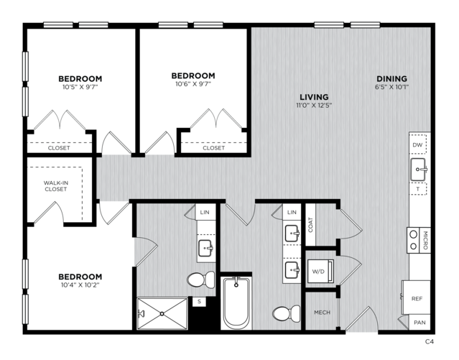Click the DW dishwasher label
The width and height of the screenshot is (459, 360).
tap(417, 144)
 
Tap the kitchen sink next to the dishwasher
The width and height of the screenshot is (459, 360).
tap(418, 170)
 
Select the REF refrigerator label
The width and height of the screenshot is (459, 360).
tap(417, 299)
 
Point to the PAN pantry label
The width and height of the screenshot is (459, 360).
tap(419, 323)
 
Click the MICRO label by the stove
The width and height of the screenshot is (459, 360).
tap(425, 240)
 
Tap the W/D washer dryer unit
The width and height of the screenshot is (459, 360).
tap(320, 271)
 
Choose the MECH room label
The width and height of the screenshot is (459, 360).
tap(322, 313)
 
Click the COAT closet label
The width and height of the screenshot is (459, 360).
tap(310, 225)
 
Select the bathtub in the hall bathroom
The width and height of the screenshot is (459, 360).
tap(236, 303)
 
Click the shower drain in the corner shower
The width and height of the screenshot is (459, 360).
tap(162, 314)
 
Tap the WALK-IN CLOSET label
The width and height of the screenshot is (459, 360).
tap(56, 186)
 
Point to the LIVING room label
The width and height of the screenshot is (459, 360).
tap(314, 97)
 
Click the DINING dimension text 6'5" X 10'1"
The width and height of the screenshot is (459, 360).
tap(391, 87)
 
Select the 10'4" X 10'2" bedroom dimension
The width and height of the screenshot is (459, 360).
tap(80, 285)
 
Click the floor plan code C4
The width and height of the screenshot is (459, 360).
tap(429, 341)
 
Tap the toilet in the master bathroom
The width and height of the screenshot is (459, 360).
tap(201, 280)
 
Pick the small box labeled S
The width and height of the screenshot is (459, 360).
tap(199, 301)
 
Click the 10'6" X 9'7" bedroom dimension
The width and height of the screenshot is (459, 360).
tap(193, 84)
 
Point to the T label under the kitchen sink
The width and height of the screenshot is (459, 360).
tap(418, 189)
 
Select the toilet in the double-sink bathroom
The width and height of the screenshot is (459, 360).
tap(287, 314)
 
